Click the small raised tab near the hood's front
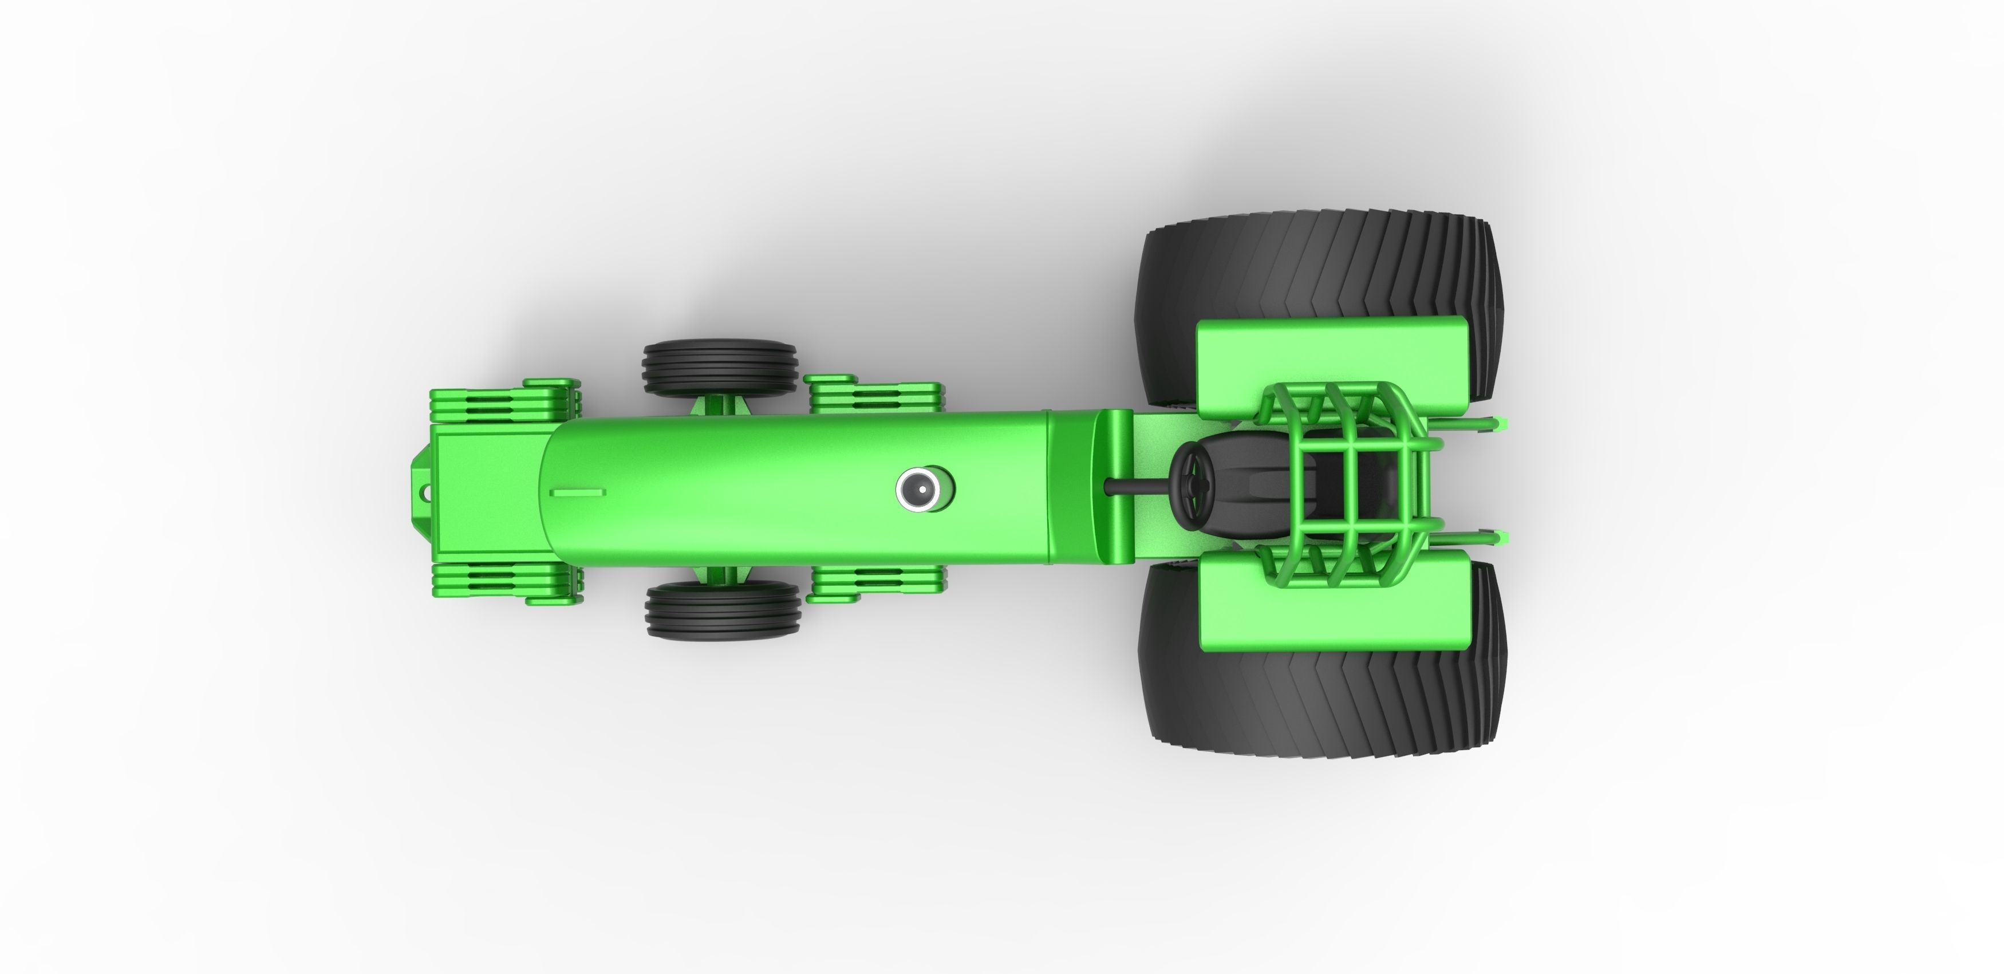tap(577, 492)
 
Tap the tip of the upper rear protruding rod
tap(1501, 423)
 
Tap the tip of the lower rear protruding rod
tap(1501, 536)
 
